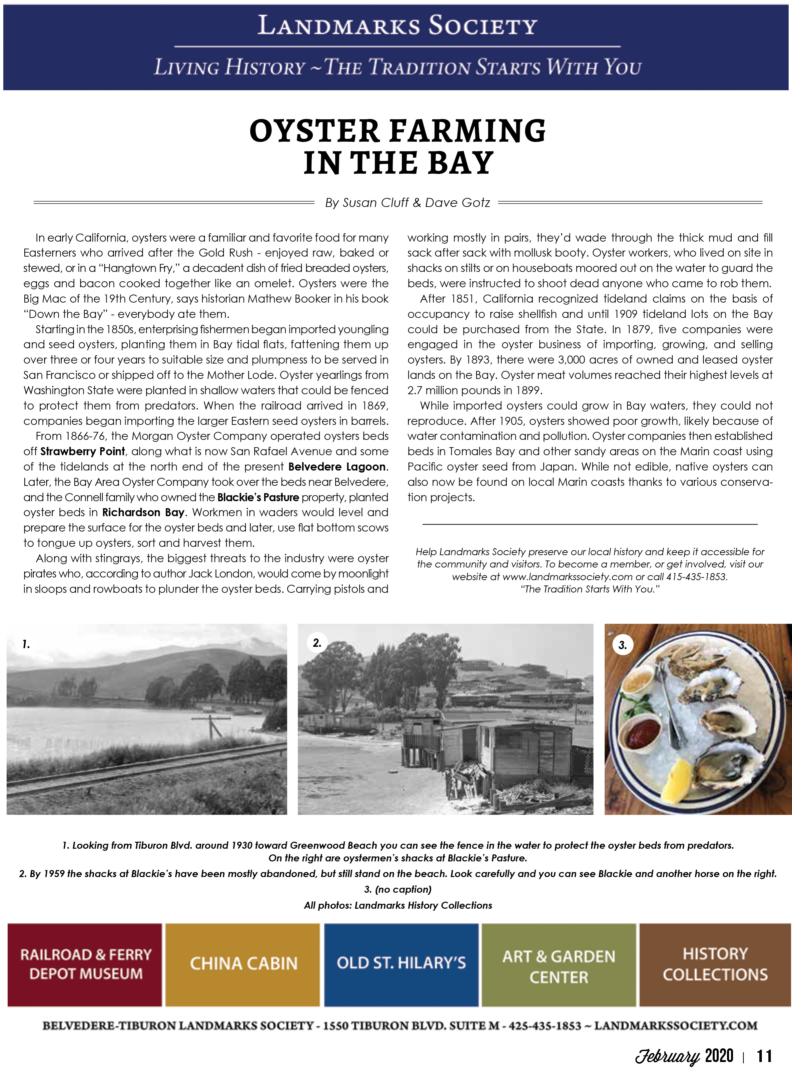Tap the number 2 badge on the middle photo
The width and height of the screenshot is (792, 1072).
(x=317, y=643)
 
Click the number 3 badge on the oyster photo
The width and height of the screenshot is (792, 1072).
(x=622, y=645)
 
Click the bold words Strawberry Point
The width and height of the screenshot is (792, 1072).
(x=82, y=451)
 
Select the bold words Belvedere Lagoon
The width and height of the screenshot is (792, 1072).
(x=337, y=467)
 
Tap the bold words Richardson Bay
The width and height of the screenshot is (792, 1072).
(x=143, y=512)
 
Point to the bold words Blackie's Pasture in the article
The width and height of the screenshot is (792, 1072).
(x=258, y=497)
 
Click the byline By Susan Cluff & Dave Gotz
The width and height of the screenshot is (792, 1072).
(x=407, y=203)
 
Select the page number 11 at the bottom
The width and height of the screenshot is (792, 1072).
(x=764, y=1055)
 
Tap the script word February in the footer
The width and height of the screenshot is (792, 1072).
(x=667, y=1056)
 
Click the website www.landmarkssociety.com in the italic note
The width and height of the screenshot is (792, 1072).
(x=567, y=577)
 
